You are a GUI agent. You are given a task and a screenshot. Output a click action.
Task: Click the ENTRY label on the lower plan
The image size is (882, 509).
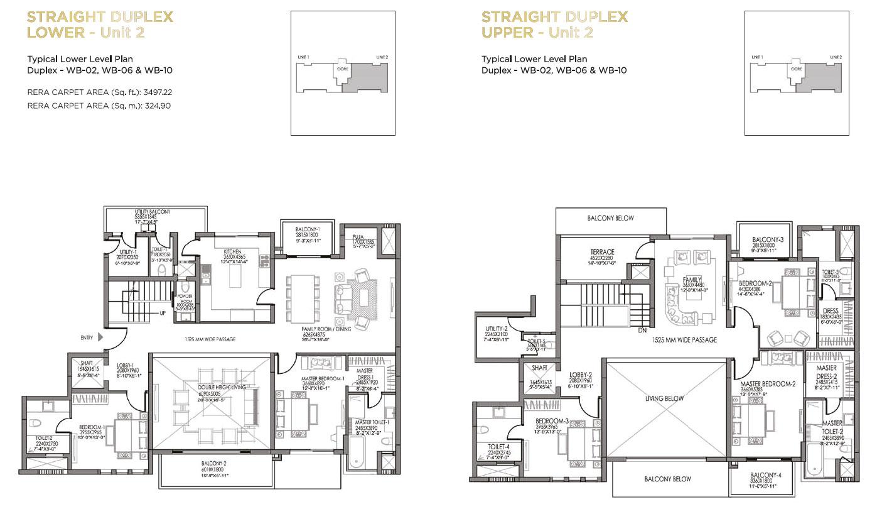pos(87,338)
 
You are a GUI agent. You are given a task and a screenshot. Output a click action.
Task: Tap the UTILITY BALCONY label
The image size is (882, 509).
pos(153,212)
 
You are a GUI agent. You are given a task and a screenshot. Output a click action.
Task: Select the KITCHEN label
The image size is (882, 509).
pos(232,251)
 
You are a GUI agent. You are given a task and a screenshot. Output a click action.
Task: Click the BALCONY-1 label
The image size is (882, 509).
pos(308,230)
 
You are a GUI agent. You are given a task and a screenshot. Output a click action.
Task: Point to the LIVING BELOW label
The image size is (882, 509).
pos(665,398)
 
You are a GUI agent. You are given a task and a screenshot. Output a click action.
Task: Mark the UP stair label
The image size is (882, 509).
pos(162,312)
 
